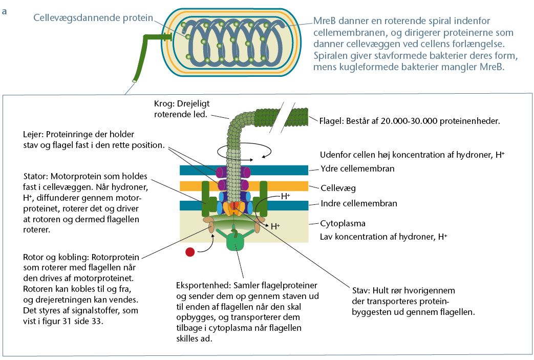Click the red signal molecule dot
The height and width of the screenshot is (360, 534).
(x=190, y=252)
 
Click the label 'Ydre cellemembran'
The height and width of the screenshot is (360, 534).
(x=357, y=168)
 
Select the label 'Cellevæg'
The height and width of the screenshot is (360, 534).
(x=338, y=188)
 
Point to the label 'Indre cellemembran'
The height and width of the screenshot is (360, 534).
(x=359, y=203)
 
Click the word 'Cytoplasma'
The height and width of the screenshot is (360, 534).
(x=343, y=223)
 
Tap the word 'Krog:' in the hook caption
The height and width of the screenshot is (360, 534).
(x=164, y=104)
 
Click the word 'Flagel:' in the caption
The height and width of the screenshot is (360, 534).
(x=331, y=121)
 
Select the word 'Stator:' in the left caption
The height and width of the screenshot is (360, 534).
(x=36, y=177)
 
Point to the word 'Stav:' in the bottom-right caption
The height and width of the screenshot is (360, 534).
(x=361, y=290)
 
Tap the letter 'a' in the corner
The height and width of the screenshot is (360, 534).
(x=4, y=12)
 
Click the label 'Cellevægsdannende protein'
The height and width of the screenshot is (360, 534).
(x=93, y=18)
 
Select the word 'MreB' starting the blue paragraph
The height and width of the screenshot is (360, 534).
(x=324, y=21)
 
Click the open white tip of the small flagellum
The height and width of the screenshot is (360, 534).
(x=135, y=81)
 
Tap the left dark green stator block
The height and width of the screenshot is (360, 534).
(x=207, y=199)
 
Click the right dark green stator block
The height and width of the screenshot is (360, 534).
(x=263, y=199)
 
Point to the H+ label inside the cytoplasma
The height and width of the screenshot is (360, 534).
(x=275, y=226)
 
